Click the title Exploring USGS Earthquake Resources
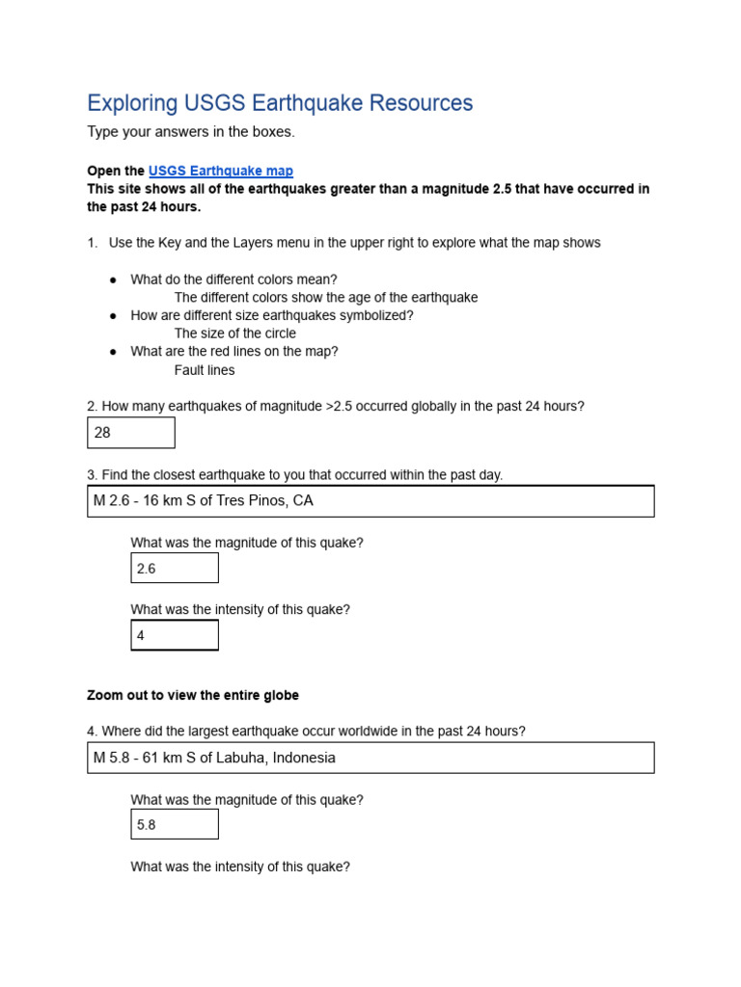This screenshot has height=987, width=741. [280, 103]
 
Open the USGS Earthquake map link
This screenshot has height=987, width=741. [220, 171]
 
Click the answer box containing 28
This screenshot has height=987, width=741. [130, 433]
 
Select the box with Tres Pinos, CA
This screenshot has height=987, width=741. [370, 501]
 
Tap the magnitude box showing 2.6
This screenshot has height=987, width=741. [175, 569]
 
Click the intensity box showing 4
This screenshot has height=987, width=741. [175, 635]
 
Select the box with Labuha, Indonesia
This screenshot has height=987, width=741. [370, 758]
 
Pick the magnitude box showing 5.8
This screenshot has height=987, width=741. [175, 824]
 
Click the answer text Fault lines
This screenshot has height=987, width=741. [205, 370]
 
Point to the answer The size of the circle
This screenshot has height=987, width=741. [235, 333]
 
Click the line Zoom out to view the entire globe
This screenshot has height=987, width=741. [193, 695]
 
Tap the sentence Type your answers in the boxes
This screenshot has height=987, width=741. [191, 132]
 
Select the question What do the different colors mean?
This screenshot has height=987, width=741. [233, 280]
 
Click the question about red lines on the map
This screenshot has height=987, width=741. [234, 352]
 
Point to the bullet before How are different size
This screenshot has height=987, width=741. [113, 316]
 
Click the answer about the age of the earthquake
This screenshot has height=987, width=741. [326, 298]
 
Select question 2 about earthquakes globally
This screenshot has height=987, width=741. [336, 407]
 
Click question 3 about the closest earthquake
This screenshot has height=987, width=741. [294, 475]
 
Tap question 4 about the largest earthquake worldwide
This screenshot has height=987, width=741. [306, 732]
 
